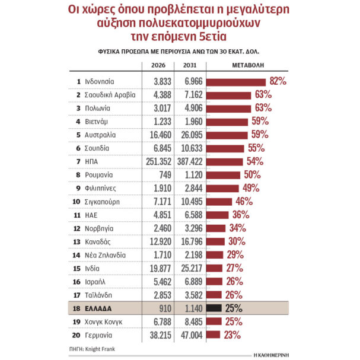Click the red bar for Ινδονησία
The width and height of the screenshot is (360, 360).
[x=234, y=81]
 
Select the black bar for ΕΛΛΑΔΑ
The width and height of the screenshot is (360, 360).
[x=215, y=308]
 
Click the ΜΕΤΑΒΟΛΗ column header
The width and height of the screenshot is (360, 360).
[x=248, y=65]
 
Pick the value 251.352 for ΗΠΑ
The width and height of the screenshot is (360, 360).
[x=157, y=161]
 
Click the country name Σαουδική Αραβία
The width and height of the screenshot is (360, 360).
[x=110, y=94]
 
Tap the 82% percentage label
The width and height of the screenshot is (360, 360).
[x=278, y=81]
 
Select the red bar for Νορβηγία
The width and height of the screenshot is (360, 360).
[x=216, y=228]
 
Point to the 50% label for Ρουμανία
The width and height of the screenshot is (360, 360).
[x=253, y=174]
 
